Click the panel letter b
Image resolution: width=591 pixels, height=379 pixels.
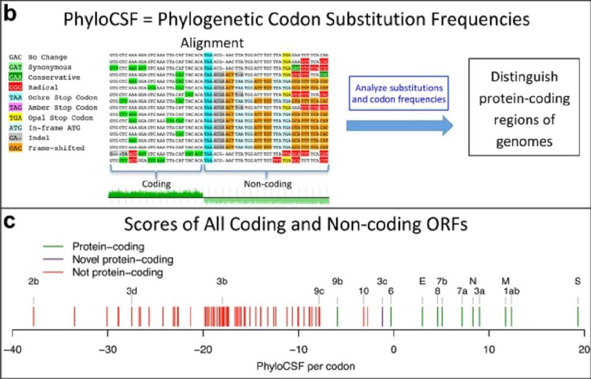pos(9,12)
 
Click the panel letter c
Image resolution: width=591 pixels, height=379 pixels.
pos(9,222)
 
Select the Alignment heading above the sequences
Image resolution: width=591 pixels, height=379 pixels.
pos(212,43)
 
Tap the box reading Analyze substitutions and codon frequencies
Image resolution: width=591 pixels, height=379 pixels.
pos(399,94)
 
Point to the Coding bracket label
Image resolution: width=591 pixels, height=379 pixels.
pos(156,185)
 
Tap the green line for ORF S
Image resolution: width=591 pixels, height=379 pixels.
pos(578,316)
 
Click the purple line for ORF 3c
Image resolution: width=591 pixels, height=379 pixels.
pos(382,316)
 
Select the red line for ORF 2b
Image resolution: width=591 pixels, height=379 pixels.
pos(33,316)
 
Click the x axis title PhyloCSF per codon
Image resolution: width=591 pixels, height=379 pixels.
pos(298,365)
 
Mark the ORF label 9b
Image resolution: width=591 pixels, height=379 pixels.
pos(338,282)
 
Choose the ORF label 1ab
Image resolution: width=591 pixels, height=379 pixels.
pos(512,291)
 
